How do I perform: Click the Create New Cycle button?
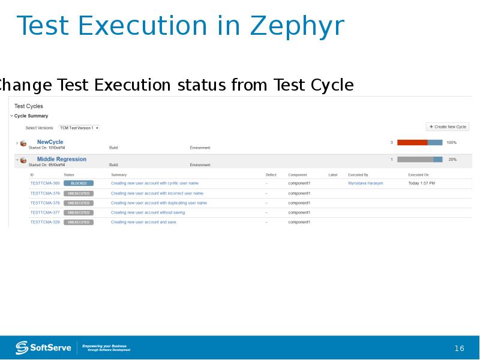[x=448, y=127]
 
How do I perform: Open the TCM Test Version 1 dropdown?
[x=79, y=128]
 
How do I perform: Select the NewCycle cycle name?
[x=50, y=142]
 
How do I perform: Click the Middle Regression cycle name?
[x=61, y=159]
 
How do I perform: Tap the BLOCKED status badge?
[x=79, y=183]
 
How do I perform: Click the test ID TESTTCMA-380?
[x=45, y=183]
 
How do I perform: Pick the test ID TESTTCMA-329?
[x=45, y=222]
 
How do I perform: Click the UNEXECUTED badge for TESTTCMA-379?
[x=79, y=193]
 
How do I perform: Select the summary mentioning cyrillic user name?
[x=155, y=183]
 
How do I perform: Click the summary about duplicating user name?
[x=159, y=203]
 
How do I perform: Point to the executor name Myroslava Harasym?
[x=365, y=183]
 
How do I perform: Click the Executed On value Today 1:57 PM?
[x=422, y=183]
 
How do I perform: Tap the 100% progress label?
[x=451, y=143]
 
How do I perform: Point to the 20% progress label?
[x=452, y=160]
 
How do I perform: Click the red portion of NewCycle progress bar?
[x=412, y=143]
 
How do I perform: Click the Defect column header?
[x=271, y=175]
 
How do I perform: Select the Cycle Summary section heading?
[x=31, y=116]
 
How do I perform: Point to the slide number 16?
[x=460, y=349]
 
